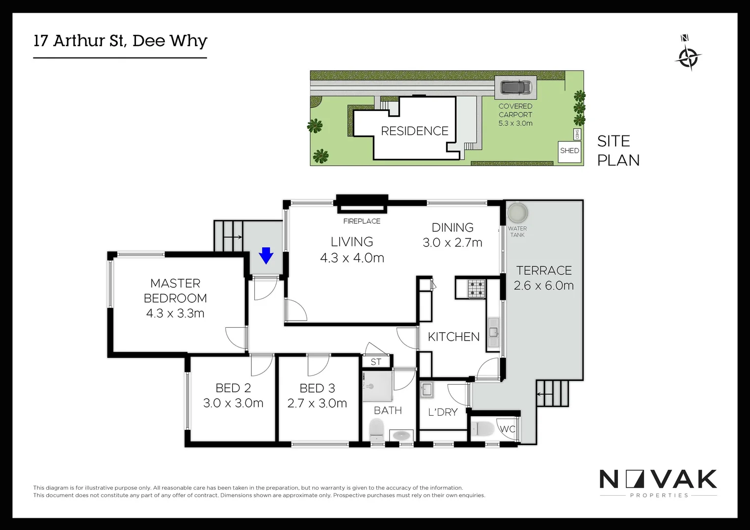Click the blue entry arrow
266,255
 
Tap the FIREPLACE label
362,221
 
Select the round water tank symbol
517,213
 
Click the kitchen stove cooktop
476,289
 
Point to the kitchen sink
493,333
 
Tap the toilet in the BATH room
376,430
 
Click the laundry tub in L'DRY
426,390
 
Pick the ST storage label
376,362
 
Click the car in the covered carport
515,88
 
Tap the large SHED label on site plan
569,151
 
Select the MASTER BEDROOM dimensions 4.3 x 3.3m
175,313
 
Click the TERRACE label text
544,270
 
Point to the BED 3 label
317,388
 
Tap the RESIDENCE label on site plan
415,131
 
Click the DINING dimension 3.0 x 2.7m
452,242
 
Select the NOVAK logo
658,479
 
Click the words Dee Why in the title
170,41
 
